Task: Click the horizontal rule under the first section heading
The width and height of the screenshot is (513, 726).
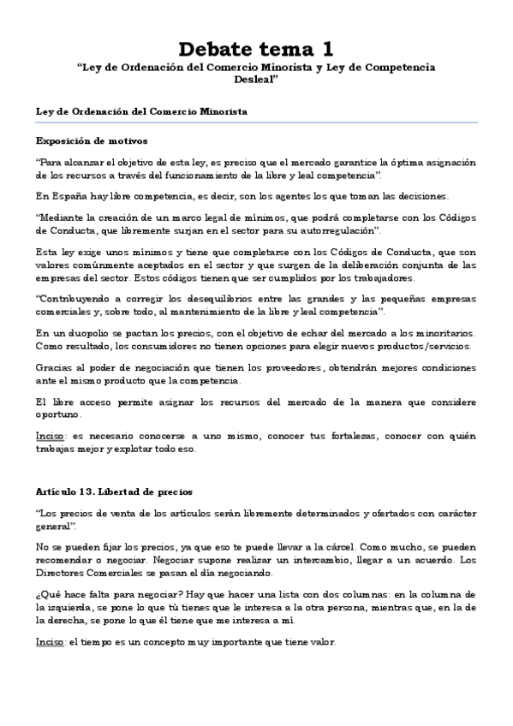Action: point(256,122)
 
